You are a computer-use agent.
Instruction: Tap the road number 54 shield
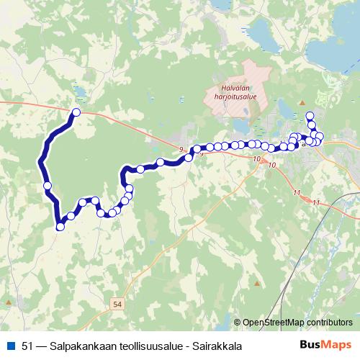pyautogui.click(x=118, y=305)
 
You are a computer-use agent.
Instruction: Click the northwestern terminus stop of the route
pyautogui.click(x=76, y=112)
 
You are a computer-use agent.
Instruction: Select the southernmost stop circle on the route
pyautogui.click(x=60, y=226)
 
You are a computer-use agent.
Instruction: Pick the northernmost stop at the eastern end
pyautogui.click(x=310, y=116)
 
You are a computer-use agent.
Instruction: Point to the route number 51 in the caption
pyautogui.click(x=28, y=346)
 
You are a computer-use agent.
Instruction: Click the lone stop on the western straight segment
pyautogui.click(x=48, y=186)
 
